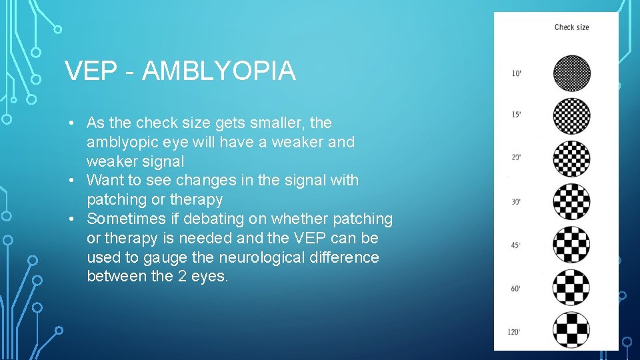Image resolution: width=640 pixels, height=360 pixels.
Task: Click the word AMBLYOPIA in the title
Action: coord(219,71)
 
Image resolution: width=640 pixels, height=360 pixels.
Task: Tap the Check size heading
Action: coord(571,27)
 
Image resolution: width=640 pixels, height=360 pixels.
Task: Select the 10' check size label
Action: coord(517,73)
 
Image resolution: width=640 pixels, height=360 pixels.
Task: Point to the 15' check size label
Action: coord(517,115)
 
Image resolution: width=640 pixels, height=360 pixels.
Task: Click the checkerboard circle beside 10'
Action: coord(571,73)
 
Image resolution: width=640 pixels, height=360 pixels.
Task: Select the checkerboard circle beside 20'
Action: coord(571,159)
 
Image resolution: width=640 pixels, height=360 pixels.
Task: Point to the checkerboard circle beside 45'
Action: coord(571,245)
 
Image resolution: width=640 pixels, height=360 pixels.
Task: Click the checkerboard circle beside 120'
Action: coord(571,330)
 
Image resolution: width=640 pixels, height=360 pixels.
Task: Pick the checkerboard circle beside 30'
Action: coord(571,201)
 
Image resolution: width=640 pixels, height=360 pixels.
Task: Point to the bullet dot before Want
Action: coord(78,181)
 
